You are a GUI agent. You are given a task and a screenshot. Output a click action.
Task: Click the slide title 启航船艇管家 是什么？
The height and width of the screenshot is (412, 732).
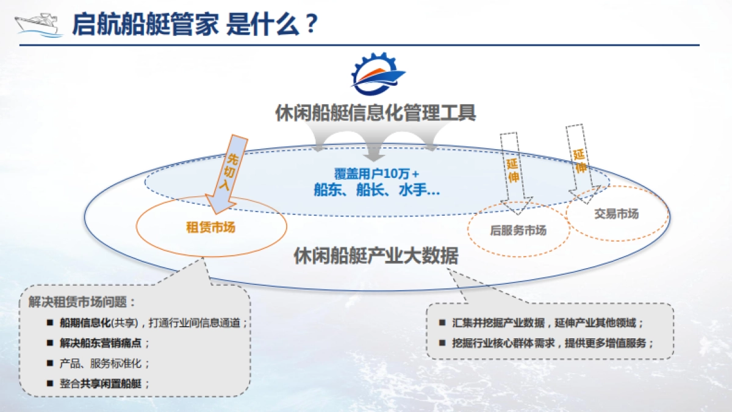coord(195,25)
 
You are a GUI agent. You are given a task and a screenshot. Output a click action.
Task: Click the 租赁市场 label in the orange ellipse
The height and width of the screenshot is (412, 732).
coord(210,228)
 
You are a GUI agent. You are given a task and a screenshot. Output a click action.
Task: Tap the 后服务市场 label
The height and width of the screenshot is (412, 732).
coord(518,230)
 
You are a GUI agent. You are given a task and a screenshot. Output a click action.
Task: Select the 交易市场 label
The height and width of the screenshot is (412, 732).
coord(616,214)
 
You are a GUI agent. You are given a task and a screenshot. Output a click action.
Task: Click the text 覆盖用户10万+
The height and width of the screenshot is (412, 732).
coord(376,174)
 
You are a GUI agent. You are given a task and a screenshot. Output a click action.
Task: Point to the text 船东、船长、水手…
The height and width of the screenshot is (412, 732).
coord(376,190)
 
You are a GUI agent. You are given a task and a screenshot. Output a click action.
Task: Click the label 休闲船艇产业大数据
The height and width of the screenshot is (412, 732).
coord(376,255)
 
